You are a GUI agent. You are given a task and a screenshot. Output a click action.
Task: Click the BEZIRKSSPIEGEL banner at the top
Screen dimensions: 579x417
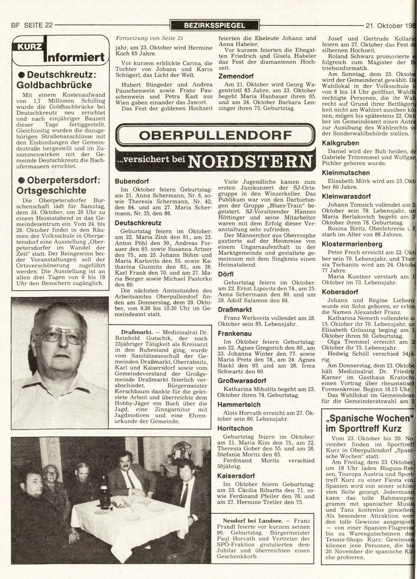[215, 25]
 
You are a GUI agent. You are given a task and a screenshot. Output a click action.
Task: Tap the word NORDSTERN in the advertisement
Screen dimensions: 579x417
[250, 161]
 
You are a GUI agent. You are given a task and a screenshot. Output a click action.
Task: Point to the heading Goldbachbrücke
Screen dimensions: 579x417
[54, 85]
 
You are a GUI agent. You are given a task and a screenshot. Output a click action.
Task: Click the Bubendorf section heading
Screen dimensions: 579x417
[132, 181]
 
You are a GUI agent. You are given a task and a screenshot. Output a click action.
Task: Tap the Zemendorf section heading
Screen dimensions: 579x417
[236, 76]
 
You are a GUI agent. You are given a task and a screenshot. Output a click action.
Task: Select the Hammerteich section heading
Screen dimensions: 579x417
[239, 404]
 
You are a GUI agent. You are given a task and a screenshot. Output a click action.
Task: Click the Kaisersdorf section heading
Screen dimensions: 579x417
[236, 476]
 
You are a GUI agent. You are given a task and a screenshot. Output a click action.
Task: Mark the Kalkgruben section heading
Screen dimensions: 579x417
[340, 143]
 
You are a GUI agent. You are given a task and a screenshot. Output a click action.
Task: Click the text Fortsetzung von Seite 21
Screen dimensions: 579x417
[150, 38]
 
